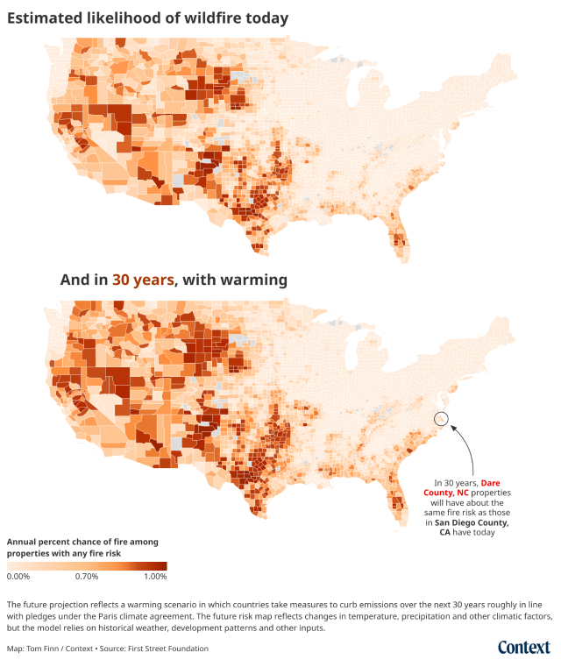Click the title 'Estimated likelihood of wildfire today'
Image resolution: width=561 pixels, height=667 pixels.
pos(148,18)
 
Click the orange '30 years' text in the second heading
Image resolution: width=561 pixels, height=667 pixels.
pos(144,280)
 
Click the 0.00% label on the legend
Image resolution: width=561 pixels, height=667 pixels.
pos(18,577)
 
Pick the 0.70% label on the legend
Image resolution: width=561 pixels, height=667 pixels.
pos(86,577)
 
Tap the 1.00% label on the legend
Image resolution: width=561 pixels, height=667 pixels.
pos(153,577)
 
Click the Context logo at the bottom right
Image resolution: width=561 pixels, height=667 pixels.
pos(523,647)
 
